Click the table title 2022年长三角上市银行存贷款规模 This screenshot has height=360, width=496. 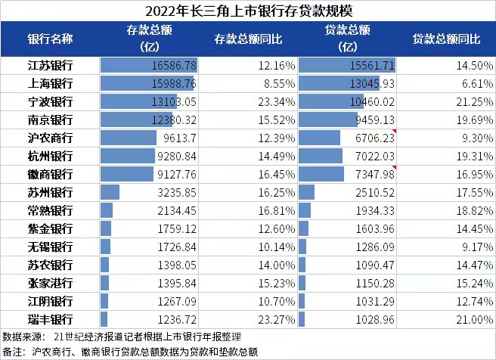pyautogui.click(x=248, y=11)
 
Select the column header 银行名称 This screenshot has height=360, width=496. pyautogui.click(x=51, y=39)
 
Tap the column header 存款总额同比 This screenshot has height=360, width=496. pyautogui.click(x=248, y=39)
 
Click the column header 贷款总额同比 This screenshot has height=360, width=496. pyautogui.click(x=446, y=39)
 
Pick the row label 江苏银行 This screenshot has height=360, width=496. pyautogui.click(x=51, y=66)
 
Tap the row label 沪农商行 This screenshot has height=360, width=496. pyautogui.click(x=51, y=138)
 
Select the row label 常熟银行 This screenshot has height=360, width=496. pyautogui.click(x=51, y=210)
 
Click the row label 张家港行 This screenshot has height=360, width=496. pyautogui.click(x=51, y=283)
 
